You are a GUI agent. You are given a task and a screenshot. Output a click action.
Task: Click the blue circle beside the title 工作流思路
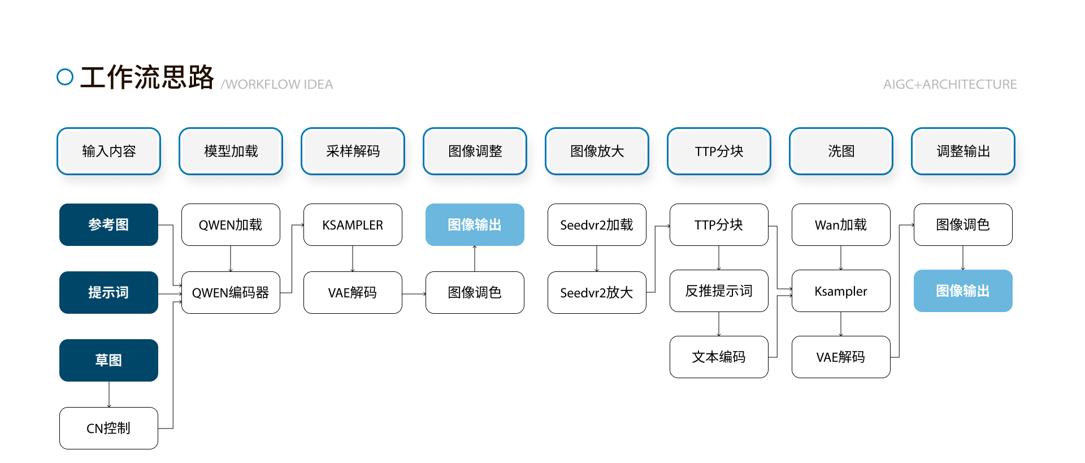pos(65,77)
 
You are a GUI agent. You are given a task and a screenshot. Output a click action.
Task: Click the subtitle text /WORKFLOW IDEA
pos(277,84)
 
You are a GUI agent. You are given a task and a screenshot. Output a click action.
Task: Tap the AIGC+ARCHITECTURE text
pos(949,84)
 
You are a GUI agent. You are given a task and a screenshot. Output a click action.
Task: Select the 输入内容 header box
pos(108,151)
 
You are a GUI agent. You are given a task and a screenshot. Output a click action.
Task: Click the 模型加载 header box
pos(231,151)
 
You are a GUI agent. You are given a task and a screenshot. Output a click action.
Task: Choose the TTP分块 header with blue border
pos(719,151)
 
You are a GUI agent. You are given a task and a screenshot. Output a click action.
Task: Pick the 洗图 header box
pos(841,151)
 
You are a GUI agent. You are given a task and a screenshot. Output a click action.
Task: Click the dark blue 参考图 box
pos(108,224)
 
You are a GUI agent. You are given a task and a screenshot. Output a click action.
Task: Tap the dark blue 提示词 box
pos(108,292)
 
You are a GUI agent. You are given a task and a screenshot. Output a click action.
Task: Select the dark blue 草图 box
pos(108,360)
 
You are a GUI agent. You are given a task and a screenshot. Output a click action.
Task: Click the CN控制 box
pos(108,428)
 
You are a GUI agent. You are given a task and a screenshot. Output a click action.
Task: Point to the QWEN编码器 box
pos(231,292)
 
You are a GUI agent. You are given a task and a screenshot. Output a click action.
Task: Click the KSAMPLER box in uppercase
pos(353,224)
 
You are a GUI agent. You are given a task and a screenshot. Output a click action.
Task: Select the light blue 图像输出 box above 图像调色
pos(475,224)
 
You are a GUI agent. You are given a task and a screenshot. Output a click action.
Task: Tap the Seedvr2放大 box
pos(597,292)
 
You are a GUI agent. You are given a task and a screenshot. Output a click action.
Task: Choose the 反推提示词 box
pos(719,291)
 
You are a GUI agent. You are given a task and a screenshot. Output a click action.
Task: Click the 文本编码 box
pos(719,357)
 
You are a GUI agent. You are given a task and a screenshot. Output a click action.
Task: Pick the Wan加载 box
pos(841,224)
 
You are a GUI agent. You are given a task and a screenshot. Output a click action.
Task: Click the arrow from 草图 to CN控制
pos(109,395)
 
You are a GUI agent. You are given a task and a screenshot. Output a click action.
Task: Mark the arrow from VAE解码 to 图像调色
pos(414,294)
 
